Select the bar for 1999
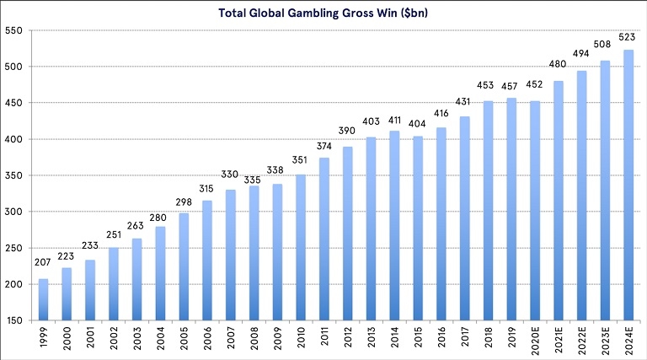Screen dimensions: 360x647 click(x=44, y=299)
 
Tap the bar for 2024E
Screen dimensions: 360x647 click(x=627, y=185)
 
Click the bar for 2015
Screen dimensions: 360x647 click(x=418, y=228)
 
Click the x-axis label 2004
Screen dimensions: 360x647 click(x=161, y=339)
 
